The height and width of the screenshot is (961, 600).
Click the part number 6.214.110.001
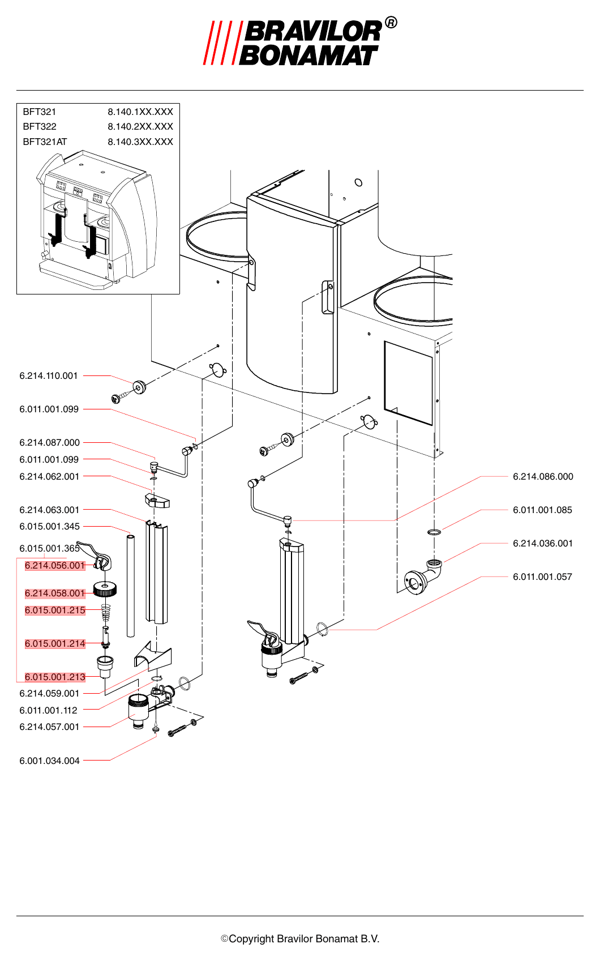(x=49, y=376)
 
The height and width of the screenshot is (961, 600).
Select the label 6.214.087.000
(x=49, y=442)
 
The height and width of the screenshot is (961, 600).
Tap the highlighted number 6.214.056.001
(x=55, y=566)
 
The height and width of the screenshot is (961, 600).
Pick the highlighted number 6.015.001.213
(x=55, y=677)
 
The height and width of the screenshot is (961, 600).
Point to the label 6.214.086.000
(x=543, y=476)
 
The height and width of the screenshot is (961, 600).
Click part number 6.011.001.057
(x=542, y=576)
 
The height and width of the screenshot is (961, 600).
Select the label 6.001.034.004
(x=49, y=761)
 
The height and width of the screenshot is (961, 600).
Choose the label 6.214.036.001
(x=542, y=543)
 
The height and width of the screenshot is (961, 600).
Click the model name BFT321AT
(x=45, y=142)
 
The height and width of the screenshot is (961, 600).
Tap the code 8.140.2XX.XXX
(x=140, y=126)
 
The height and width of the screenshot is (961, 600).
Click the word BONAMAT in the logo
(x=308, y=55)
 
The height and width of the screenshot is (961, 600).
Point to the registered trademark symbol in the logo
(x=391, y=23)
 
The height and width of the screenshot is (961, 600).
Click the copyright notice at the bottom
(x=300, y=939)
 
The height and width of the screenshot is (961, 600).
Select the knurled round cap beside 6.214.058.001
(x=105, y=588)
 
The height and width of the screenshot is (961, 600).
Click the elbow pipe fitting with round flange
(x=423, y=576)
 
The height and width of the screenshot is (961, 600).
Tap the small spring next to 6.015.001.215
(x=105, y=612)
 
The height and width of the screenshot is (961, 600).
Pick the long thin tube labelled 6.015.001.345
(x=131, y=586)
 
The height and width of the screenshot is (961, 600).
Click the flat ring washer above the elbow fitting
(x=435, y=532)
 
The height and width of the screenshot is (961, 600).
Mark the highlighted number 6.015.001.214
(x=55, y=643)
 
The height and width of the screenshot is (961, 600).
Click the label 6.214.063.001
(x=49, y=510)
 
